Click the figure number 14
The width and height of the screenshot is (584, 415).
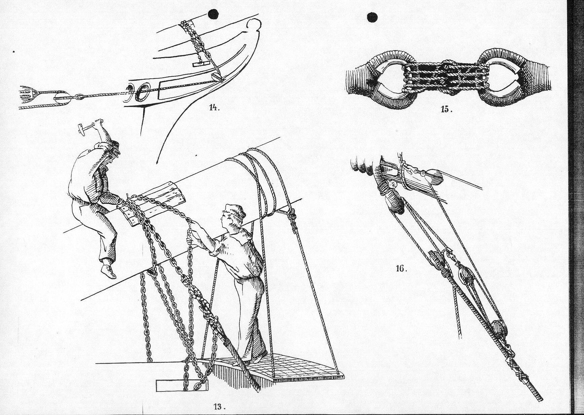[x=213, y=108]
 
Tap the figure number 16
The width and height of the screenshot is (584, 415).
[x=401, y=269]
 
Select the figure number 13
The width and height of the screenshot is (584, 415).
[x=219, y=407]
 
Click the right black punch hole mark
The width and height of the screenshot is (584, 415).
[x=372, y=17]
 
